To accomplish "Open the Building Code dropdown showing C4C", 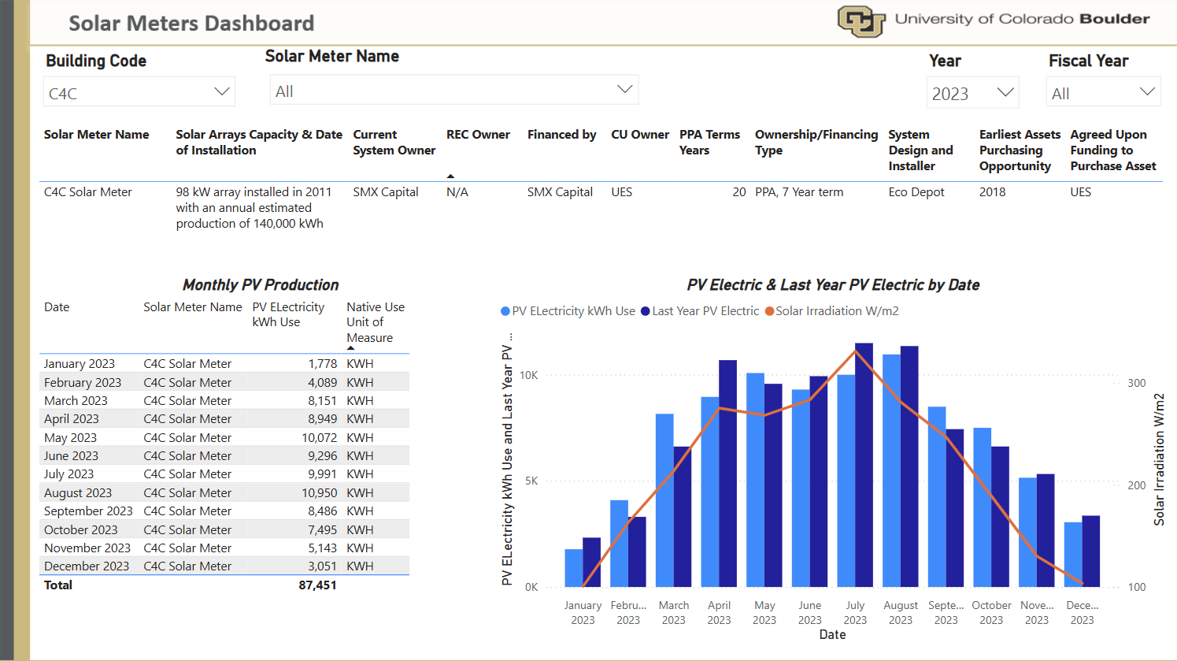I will point(139,92).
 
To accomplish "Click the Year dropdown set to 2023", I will point(972,93).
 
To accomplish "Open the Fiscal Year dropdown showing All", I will point(1102,93).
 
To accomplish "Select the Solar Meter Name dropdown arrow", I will point(624,90).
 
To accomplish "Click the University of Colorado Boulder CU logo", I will point(861,21).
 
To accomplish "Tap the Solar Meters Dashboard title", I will point(191,24).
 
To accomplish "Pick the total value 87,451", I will point(317,585).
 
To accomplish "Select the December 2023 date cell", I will point(87,566).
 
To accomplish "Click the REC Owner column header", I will point(478,135).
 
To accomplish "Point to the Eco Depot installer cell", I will point(916,192).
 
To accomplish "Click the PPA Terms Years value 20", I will point(738,192).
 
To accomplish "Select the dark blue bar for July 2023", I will point(864,465).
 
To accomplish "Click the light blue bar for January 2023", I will point(574,568).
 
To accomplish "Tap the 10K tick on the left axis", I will point(528,375).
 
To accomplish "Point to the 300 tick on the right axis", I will point(1137,383).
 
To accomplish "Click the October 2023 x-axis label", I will point(991,612).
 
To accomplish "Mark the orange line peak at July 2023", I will point(855,351).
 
